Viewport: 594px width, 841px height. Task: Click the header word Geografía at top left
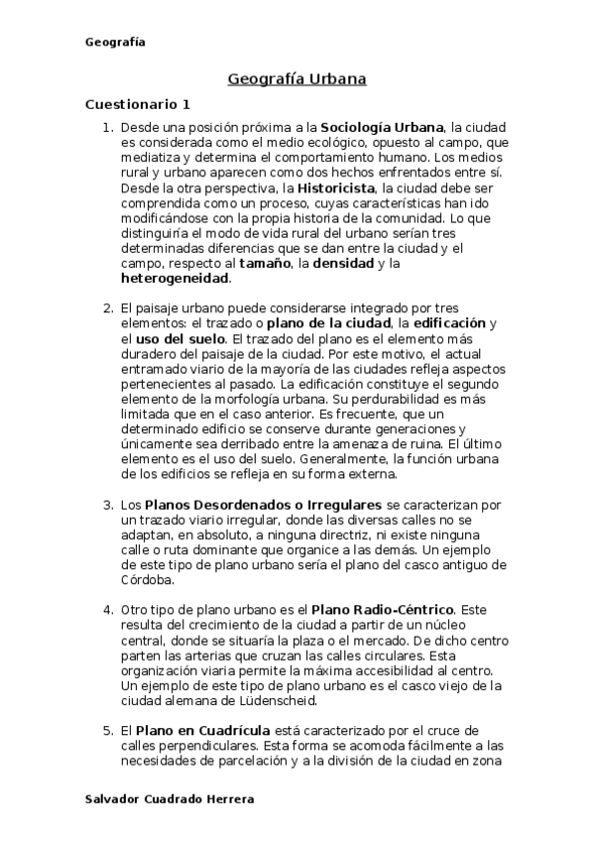[x=115, y=42]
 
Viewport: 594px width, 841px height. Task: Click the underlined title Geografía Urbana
[x=297, y=77]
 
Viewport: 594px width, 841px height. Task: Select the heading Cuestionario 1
[x=137, y=104]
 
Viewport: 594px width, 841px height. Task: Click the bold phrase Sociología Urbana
[x=381, y=128]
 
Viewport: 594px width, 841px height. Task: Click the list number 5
[x=109, y=731]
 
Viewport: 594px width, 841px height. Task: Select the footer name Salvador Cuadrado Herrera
[x=170, y=798]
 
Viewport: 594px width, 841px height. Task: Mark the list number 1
[x=109, y=128]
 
